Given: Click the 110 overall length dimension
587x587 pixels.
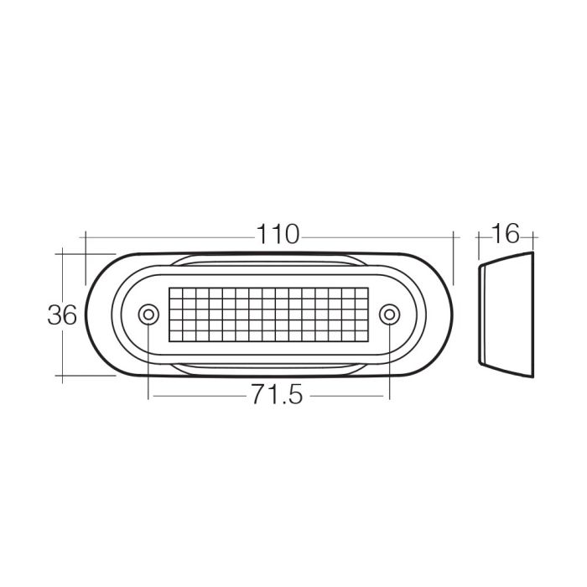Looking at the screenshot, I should point(278,235).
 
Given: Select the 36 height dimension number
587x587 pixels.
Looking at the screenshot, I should point(62,315).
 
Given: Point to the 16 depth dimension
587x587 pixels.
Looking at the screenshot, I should point(506,234).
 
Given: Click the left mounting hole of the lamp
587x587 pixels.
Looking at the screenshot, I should point(148,314).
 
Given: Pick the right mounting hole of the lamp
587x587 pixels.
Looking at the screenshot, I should point(388,314).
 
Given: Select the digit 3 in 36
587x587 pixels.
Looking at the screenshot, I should point(54,315).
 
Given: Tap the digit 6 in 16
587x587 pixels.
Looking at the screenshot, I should point(512,234).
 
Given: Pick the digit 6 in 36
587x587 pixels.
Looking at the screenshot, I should point(70,315).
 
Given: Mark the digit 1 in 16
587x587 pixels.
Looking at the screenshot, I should point(497,234).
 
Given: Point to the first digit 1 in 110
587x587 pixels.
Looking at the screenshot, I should point(262,235).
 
